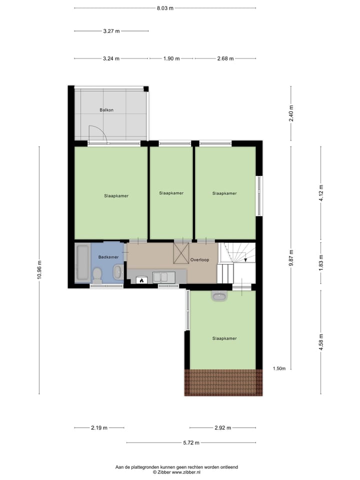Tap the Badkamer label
pyautogui.click(x=108, y=257)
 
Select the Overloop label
pyautogui.click(x=199, y=260)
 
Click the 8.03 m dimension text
pyautogui.click(x=165, y=8)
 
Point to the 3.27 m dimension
pyautogui.click(x=111, y=31)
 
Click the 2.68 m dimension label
pyautogui.click(x=225, y=58)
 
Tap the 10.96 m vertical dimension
pyautogui.click(x=39, y=270)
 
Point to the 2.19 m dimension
pyautogui.click(x=99, y=428)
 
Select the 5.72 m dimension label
pyautogui.click(x=191, y=442)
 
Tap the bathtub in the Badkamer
pyautogui.click(x=81, y=262)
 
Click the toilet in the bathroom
pyautogui.click(x=97, y=274)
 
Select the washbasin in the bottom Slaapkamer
pyautogui.click(x=219, y=296)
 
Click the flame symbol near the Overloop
pyautogui.click(x=141, y=280)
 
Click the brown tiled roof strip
pyautogui.click(x=223, y=382)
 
